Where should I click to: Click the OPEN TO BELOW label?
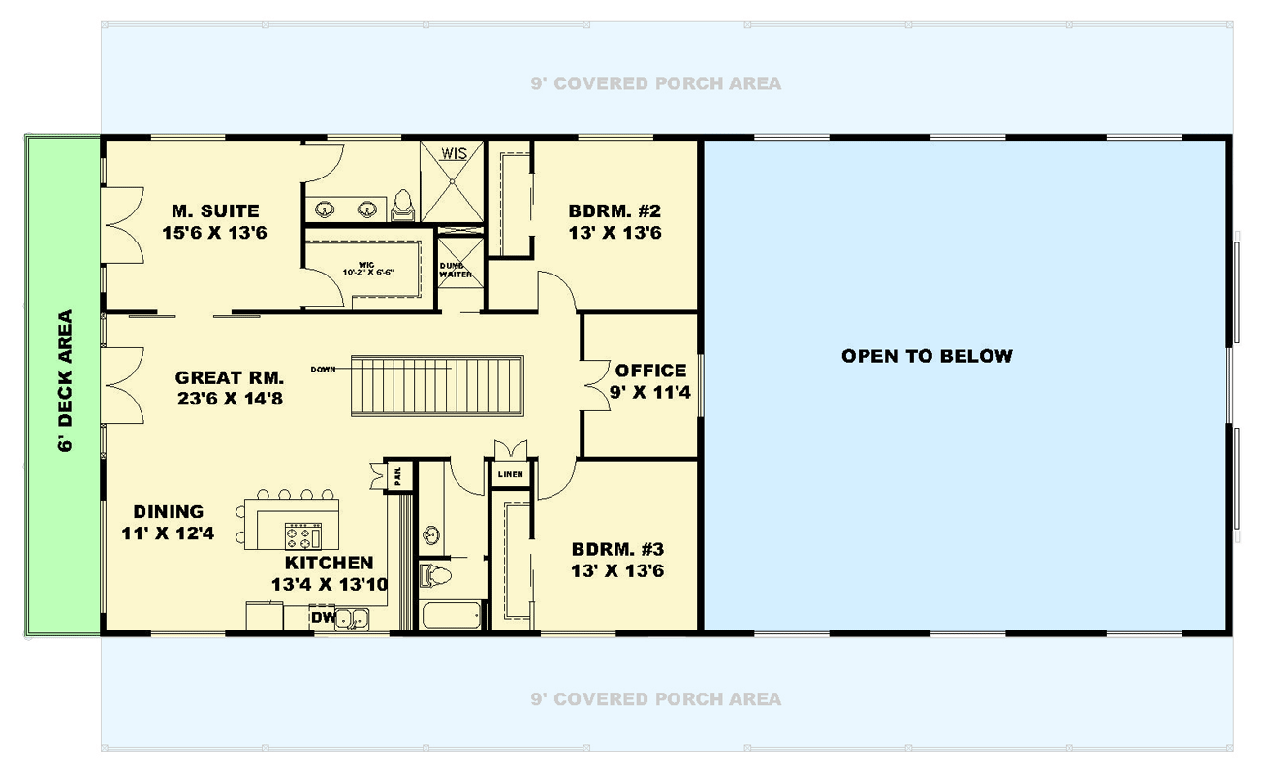(x=927, y=356)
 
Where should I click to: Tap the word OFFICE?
(x=650, y=371)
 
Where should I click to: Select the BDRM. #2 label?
(x=615, y=211)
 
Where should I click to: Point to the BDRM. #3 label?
(x=617, y=548)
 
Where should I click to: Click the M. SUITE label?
(x=215, y=211)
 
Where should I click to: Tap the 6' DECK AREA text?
(x=65, y=381)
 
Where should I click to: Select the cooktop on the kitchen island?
(x=301, y=535)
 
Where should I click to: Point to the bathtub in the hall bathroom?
(x=452, y=615)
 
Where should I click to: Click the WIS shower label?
(x=455, y=153)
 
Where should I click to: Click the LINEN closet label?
(x=510, y=474)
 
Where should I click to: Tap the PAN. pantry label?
(x=398, y=475)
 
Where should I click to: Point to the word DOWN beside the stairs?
(x=323, y=370)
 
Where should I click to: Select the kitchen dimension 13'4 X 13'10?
(x=329, y=584)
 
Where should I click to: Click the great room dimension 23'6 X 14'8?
(x=229, y=398)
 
